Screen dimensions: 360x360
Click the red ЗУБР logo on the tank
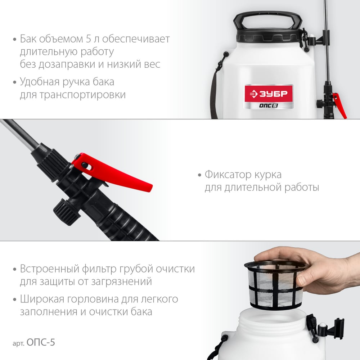tap(269, 94)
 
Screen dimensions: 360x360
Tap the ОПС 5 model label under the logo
tap(269, 105)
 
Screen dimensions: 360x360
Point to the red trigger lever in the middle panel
tap(112, 172)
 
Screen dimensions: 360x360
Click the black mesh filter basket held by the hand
tap(275, 285)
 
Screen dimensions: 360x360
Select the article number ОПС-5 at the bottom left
tap(41, 342)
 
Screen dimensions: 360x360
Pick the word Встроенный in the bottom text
tap(50, 269)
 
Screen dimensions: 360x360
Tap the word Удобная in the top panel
tap(40, 82)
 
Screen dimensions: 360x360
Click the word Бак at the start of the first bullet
tap(28, 39)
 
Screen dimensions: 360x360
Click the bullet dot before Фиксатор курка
tap(199, 175)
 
